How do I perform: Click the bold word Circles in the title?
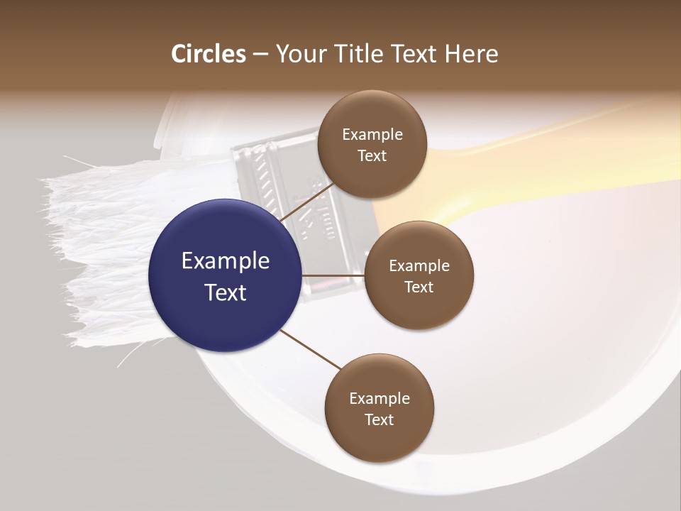point(209,54)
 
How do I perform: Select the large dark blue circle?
point(226,275)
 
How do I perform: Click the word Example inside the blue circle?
point(226,261)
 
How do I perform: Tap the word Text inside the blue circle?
point(226,292)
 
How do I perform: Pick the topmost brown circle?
point(372,144)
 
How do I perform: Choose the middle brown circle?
point(419,275)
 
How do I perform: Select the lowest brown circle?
point(379,408)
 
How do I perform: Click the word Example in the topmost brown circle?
point(372,135)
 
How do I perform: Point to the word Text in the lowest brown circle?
point(379,419)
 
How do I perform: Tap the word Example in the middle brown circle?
point(419,266)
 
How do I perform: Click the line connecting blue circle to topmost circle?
point(306,202)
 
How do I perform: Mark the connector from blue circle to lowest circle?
point(311,349)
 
